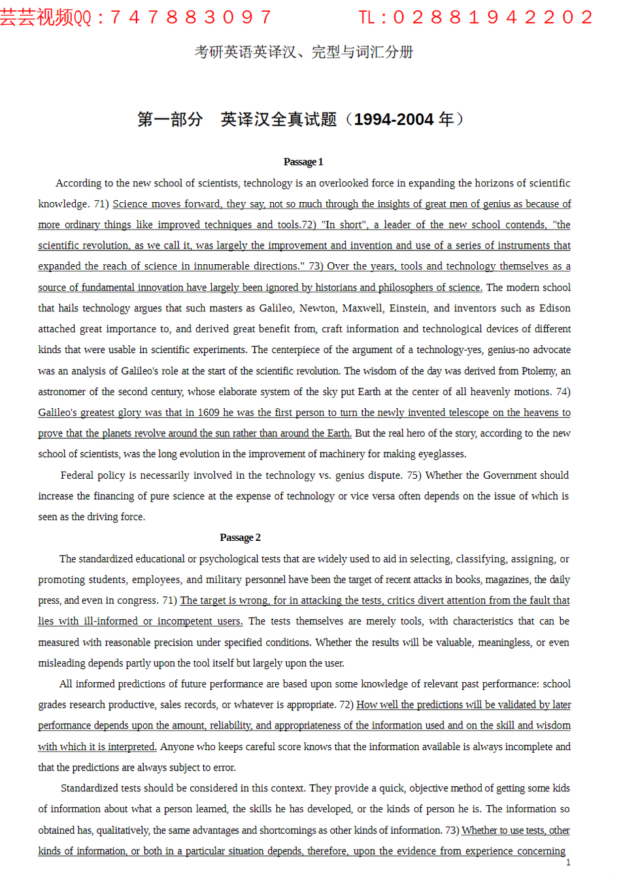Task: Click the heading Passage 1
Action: pos(303,162)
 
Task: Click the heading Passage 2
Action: pos(240,538)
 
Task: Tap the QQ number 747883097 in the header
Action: pos(191,17)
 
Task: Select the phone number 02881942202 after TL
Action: pos(494,17)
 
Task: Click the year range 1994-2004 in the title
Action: pos(394,120)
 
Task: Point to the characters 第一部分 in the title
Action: pos(170,120)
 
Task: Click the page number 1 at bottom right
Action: pos(568,863)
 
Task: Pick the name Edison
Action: pos(554,308)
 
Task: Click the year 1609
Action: pos(208,413)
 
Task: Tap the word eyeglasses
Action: pos(441,454)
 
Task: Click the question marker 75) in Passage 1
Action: pos(413,475)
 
